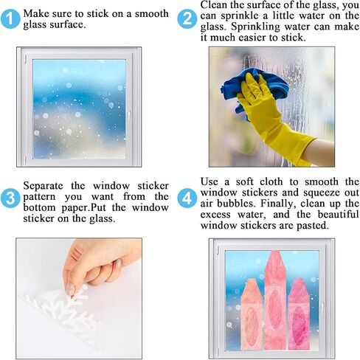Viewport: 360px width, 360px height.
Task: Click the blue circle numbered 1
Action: click(10, 19)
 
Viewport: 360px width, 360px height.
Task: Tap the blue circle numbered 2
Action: click(187, 19)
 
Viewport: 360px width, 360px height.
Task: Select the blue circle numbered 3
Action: click(10, 198)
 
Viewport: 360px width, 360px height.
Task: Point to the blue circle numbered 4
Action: click(187, 198)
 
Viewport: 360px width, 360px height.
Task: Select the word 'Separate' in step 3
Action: click(43, 186)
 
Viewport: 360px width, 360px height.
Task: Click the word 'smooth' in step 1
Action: click(151, 14)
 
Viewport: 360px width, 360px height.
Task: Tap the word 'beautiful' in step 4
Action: click(339, 215)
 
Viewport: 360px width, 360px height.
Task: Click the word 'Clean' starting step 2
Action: click(212, 5)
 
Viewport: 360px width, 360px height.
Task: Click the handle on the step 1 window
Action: click(128, 114)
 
